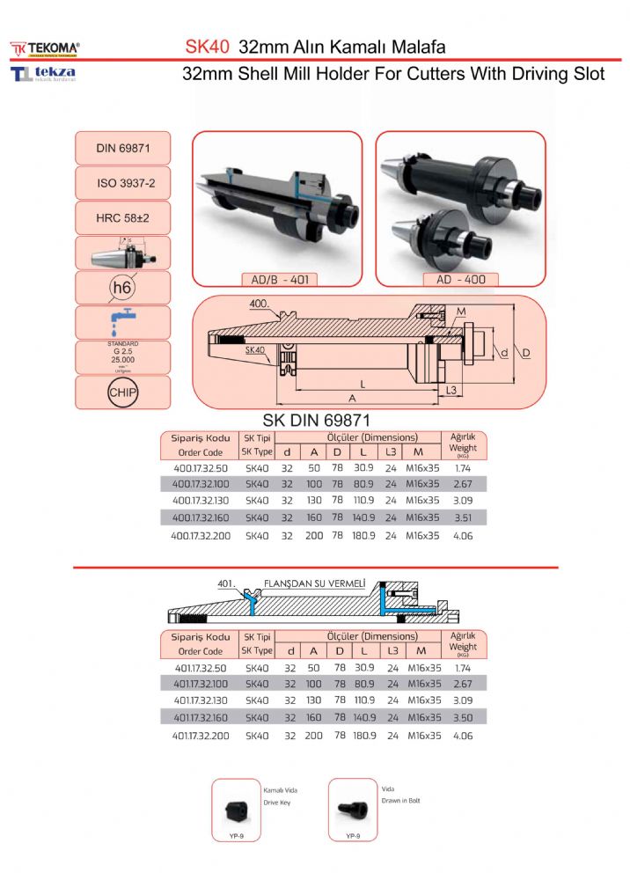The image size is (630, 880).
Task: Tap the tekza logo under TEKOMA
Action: [x=44, y=73]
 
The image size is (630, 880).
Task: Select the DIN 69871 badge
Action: [x=123, y=149]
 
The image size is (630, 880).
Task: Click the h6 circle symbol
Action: [x=122, y=288]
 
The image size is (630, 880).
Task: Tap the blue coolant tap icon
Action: [x=121, y=322]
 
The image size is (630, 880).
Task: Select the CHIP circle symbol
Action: [x=122, y=392]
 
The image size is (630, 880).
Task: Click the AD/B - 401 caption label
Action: [x=278, y=281]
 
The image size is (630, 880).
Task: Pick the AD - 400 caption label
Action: [x=461, y=280]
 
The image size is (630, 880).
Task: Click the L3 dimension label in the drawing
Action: [x=451, y=389]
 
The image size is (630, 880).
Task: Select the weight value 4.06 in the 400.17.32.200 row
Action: [x=462, y=534]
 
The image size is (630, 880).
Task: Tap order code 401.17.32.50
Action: [x=201, y=668]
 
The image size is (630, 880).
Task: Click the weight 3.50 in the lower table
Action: [x=462, y=718]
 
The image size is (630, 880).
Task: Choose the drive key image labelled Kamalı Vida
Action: [x=235, y=808]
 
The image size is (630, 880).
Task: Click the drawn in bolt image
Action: [x=351, y=808]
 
